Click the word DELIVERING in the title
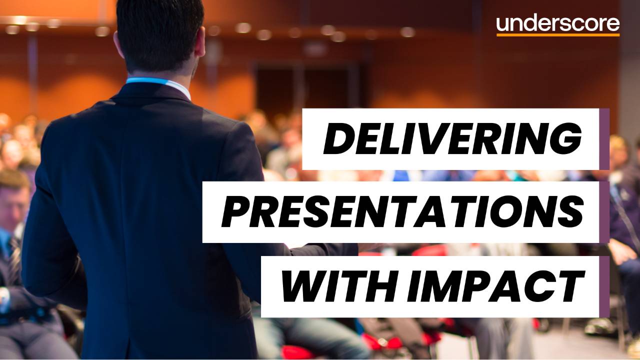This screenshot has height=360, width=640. [x=452, y=139]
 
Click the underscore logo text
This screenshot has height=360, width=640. [x=558, y=23]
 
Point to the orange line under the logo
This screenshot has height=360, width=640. [x=558, y=35]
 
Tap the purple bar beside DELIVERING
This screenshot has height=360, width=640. [x=604, y=139]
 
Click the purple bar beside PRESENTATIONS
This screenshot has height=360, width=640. [x=604, y=212]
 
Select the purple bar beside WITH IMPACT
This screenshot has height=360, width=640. [x=604, y=286]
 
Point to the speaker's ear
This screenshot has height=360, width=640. [x=200, y=47]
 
